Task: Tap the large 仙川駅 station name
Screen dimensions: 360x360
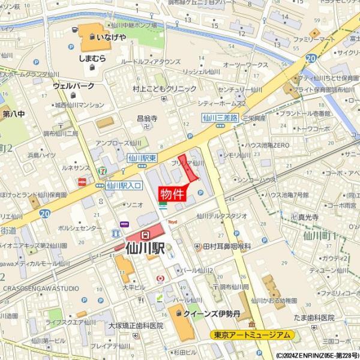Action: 144,246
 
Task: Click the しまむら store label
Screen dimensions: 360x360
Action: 92,58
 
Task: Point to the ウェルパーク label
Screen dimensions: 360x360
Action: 74,86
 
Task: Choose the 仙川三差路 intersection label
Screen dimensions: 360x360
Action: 220,118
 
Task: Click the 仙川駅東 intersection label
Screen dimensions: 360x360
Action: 142,157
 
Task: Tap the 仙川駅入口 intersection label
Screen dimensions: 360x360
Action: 124,186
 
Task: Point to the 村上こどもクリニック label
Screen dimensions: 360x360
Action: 164,89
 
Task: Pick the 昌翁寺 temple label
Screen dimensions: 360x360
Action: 147,119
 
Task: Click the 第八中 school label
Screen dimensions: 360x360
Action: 14,113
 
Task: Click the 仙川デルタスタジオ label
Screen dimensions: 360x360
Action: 221,216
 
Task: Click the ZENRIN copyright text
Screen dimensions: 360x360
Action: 315,355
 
